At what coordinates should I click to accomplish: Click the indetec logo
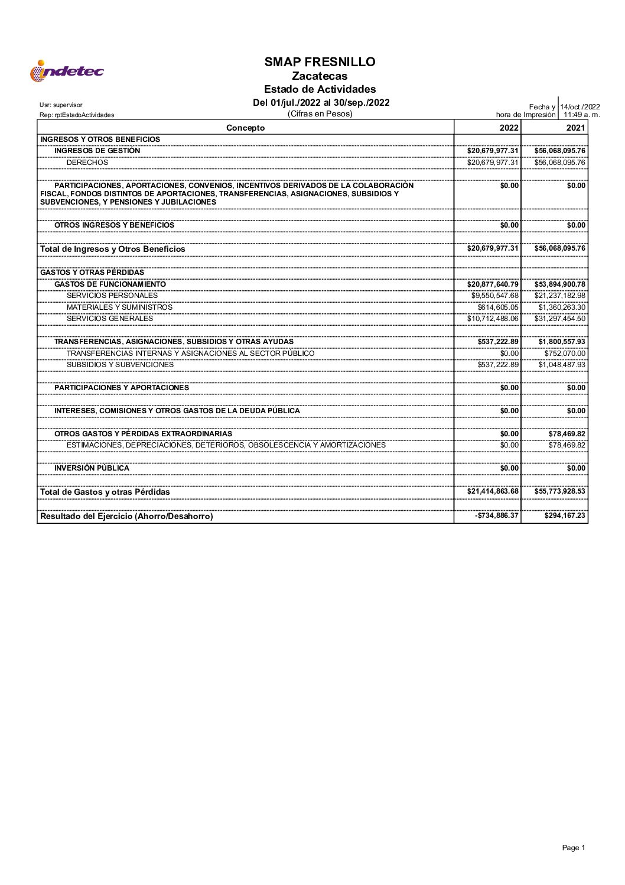point(66,71)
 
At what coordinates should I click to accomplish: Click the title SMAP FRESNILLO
point(320,62)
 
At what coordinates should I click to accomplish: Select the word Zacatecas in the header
point(320,76)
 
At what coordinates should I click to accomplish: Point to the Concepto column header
point(245,128)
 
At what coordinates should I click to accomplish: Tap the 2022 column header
point(509,128)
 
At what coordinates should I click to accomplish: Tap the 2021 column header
point(575,128)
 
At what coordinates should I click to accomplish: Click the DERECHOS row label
point(87,163)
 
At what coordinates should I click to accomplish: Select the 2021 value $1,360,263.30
point(561,307)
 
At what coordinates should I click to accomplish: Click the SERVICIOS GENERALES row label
point(110,319)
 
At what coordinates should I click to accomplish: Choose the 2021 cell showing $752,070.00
point(565,354)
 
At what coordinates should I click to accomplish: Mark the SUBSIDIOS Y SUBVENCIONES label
point(120,365)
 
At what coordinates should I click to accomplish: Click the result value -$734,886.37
point(496,516)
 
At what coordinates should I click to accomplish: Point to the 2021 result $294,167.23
point(565,516)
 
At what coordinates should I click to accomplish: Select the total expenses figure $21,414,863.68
point(493,491)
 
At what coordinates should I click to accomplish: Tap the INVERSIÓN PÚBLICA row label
point(92,468)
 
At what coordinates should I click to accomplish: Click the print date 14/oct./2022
point(580,107)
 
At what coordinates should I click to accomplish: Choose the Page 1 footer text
point(573,848)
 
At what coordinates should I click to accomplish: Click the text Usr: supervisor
point(61,105)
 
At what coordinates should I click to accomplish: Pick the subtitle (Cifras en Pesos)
point(320,114)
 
